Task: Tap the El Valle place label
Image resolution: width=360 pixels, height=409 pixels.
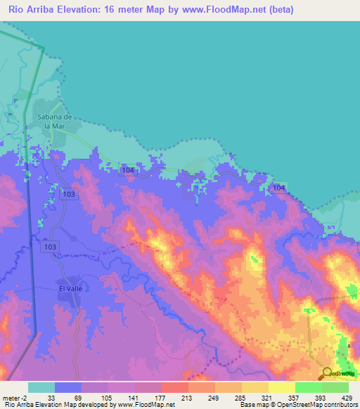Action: tap(71, 287)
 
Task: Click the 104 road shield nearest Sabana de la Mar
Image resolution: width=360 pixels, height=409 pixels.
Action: tap(127, 170)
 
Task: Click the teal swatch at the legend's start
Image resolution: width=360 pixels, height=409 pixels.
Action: tap(41, 387)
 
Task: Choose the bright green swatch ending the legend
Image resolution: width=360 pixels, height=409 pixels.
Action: tap(335, 387)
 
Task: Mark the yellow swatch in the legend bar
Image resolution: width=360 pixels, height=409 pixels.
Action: tap(282, 387)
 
